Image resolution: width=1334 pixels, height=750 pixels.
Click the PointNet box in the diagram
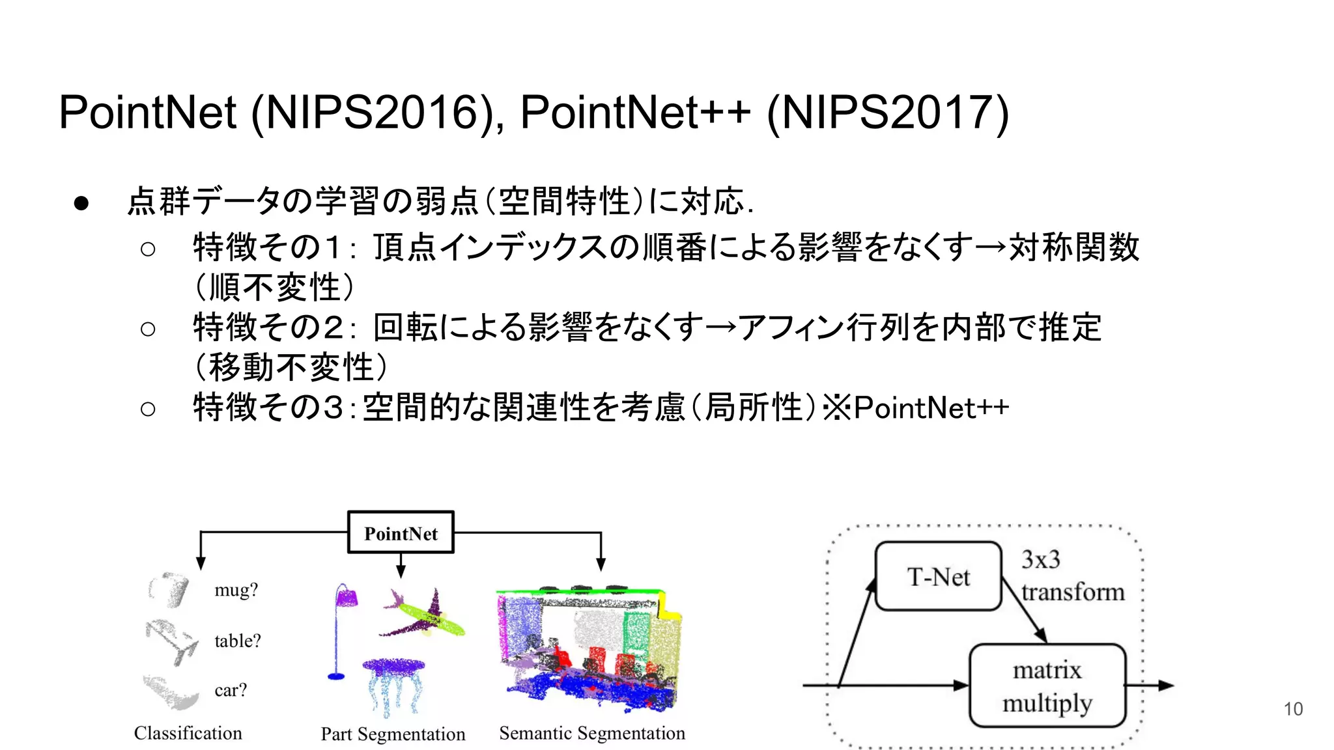[x=401, y=533]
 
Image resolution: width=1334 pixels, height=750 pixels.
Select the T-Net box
[x=938, y=577]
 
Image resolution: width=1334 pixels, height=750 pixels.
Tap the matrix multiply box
[x=1047, y=686]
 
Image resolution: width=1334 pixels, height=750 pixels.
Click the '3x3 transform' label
[x=1071, y=576]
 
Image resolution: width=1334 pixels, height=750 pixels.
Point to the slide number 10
[x=1293, y=709]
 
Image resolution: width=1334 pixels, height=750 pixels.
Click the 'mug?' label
[x=236, y=590]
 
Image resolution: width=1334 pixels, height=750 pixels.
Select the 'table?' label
[x=237, y=641]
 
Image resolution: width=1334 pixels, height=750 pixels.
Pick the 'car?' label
[x=231, y=690]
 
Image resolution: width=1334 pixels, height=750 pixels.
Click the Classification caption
[x=188, y=733]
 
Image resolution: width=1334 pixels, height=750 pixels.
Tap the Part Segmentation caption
[x=393, y=734]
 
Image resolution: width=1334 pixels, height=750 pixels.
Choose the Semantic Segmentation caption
[x=591, y=733]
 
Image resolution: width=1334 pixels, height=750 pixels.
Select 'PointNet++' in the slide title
[x=635, y=113]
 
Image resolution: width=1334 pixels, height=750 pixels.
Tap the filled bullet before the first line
[x=81, y=203]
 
